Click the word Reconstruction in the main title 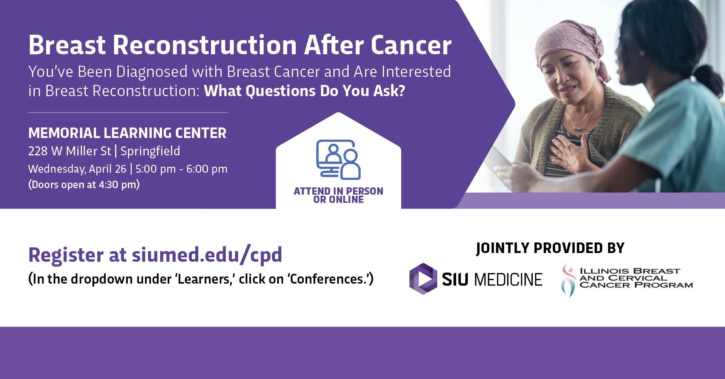tap(205, 45)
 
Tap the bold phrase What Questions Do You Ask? tap(304, 91)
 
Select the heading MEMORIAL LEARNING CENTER tap(127, 133)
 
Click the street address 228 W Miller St tap(69, 151)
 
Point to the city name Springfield tap(150, 151)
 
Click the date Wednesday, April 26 tap(77, 169)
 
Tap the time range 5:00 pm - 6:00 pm tap(181, 169)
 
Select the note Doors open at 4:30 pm tap(84, 184)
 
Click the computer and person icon tap(338, 160)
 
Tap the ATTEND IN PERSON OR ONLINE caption tap(338, 195)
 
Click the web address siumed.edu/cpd tap(207, 255)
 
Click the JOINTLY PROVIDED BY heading tap(550, 248)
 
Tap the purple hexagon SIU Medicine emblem tap(423, 279)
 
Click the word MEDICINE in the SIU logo tap(508, 279)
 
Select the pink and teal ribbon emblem tap(568, 280)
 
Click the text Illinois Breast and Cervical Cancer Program tap(636, 278)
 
